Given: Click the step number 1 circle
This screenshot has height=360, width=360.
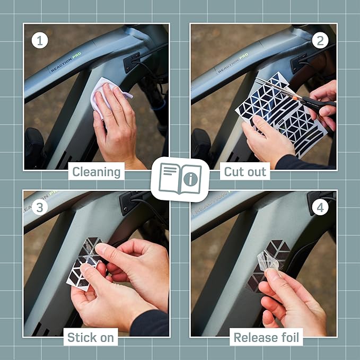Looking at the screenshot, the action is [x=40, y=41].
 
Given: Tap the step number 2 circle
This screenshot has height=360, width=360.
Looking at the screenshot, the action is [x=320, y=41].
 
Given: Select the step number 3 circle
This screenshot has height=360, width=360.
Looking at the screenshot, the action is [x=40, y=207].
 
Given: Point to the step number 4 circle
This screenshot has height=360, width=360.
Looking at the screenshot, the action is [x=320, y=207].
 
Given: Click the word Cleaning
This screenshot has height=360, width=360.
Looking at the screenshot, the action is [x=96, y=172].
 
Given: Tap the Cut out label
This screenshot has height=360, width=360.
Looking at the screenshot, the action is [x=245, y=172].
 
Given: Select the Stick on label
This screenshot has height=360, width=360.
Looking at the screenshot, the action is [x=91, y=338].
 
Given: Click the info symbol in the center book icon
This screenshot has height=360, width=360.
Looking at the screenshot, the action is [x=190, y=179].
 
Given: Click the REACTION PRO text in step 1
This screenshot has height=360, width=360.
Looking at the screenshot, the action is [x=66, y=62].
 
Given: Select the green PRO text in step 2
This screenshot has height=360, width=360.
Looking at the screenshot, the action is [x=243, y=56].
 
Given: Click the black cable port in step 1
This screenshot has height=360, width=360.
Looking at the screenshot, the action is [x=132, y=63].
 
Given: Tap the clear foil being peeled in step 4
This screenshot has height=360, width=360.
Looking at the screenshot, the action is [x=270, y=260].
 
